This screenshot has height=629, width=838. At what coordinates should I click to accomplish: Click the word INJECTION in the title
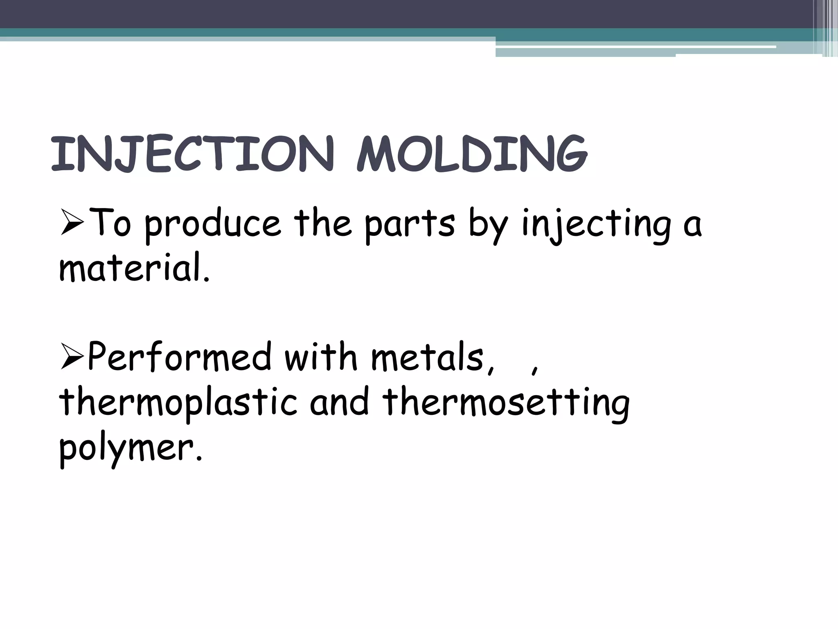coord(192,155)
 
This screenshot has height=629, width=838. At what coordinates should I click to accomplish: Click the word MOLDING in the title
coord(471,155)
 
